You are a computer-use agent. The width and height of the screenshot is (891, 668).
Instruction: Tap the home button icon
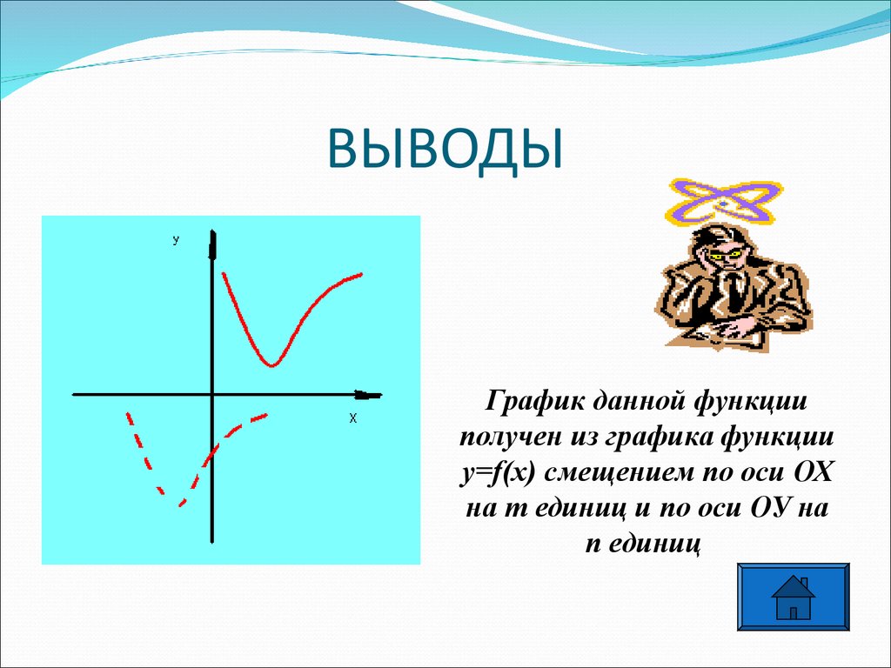[x=793, y=596]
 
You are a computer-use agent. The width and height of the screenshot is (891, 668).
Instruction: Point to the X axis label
[x=353, y=418]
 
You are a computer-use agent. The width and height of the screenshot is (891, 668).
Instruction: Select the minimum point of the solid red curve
[x=271, y=364]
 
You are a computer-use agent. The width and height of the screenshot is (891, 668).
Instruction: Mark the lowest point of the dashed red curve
[x=179, y=504]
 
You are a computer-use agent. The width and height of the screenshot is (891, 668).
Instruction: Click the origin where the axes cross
[x=212, y=395]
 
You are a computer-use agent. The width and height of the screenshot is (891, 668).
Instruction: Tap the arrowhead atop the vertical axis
[x=212, y=244]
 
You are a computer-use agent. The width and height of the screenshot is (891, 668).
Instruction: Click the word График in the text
[x=533, y=404]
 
